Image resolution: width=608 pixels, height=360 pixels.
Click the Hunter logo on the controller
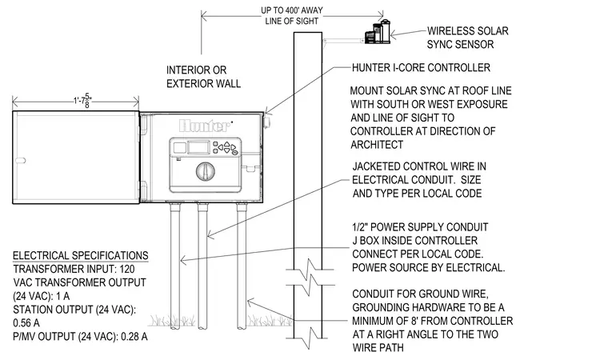[x=204, y=126]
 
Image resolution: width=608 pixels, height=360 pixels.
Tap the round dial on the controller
[x=206, y=171]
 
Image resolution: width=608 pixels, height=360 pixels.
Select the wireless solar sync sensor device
[x=378, y=31]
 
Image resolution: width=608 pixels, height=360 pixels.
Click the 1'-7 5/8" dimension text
[x=82, y=101]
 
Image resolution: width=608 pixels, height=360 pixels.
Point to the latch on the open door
[x=20, y=160]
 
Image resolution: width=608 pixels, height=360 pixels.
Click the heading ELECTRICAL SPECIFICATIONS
[x=81, y=256]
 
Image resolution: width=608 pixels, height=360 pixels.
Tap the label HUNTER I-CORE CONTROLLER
[x=421, y=68]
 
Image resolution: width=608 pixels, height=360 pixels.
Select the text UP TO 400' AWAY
[x=292, y=10]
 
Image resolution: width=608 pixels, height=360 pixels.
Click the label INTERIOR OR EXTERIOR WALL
[x=203, y=77]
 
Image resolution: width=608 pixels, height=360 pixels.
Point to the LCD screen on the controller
[x=199, y=147]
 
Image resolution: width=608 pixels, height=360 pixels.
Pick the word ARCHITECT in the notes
[x=377, y=145]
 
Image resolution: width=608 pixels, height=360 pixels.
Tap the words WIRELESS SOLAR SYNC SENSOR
[x=468, y=38]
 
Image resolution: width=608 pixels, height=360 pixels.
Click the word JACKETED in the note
[x=376, y=167]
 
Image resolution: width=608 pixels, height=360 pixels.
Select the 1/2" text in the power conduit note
[x=362, y=227]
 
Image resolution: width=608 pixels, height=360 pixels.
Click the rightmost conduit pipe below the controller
[x=242, y=266]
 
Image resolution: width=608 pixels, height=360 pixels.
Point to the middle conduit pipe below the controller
[x=202, y=266]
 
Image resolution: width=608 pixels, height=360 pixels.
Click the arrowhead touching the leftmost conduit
[x=184, y=260]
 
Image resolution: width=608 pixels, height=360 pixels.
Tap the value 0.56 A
[x=26, y=323]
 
